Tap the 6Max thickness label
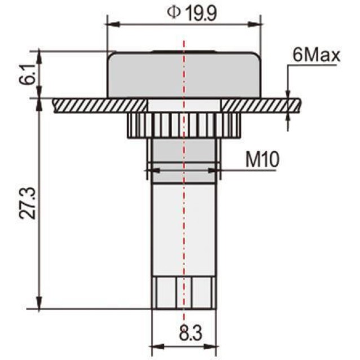pyautogui.click(x=315, y=55)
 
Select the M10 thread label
pyautogui.click(x=262, y=160)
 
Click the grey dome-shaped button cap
pyautogui.click(x=183, y=74)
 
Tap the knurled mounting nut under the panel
pyautogui.click(x=183, y=124)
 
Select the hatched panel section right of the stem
pyautogui.click(x=260, y=105)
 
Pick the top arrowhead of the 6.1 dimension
pyautogui.click(x=38, y=54)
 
